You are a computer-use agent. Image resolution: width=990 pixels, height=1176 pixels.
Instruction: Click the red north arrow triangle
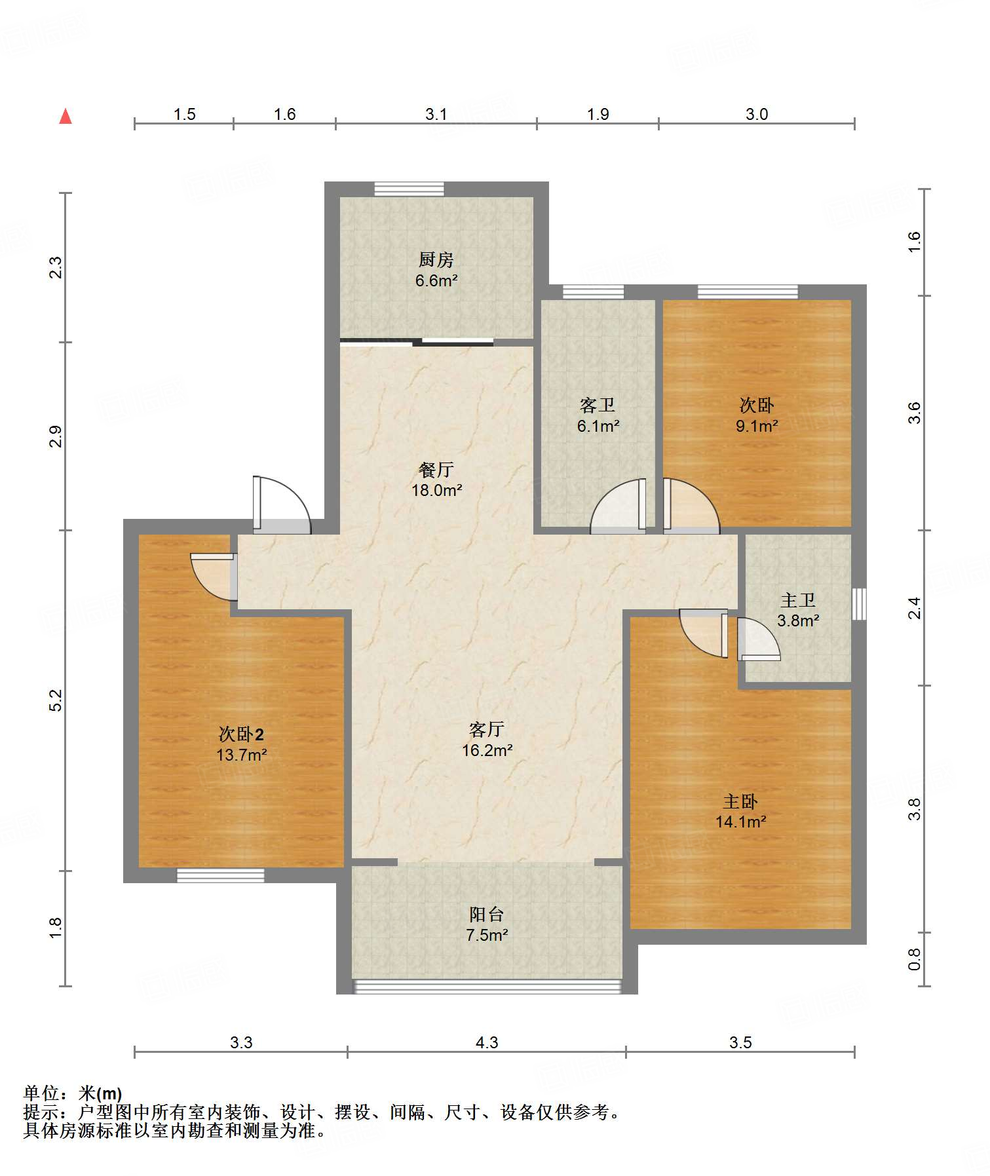click(x=66, y=117)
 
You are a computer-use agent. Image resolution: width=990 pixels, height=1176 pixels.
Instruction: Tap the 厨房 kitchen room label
click(x=436, y=260)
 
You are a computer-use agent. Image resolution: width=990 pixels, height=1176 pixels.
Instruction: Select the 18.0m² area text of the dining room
click(x=437, y=490)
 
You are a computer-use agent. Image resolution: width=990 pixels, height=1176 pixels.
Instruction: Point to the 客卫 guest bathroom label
click(x=598, y=406)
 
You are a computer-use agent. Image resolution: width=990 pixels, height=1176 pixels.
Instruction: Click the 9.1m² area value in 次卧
click(x=757, y=426)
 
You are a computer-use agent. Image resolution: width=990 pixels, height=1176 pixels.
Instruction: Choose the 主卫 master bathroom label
click(x=798, y=600)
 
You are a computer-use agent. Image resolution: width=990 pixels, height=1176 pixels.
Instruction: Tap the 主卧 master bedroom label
click(x=740, y=801)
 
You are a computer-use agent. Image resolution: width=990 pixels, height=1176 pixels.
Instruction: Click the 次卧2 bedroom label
click(x=241, y=734)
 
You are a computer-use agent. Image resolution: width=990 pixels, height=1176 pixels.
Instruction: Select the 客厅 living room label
click(x=487, y=729)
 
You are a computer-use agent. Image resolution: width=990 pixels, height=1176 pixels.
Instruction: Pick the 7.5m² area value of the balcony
click(x=487, y=935)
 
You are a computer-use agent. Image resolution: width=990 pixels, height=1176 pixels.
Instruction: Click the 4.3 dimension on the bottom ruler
click(x=487, y=1042)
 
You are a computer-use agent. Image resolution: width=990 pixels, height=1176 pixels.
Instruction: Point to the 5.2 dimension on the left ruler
click(x=56, y=700)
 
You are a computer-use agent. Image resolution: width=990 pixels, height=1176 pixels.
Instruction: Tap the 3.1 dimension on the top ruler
click(x=436, y=114)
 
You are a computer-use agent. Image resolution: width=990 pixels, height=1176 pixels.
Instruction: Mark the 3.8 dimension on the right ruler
click(x=915, y=809)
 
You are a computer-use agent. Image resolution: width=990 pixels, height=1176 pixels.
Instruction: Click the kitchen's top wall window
click(x=409, y=189)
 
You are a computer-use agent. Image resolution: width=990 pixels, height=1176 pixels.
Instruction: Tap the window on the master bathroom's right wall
click(x=859, y=604)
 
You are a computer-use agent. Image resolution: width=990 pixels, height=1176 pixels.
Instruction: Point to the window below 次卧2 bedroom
click(x=221, y=875)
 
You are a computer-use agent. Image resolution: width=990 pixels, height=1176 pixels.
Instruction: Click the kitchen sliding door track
click(x=417, y=341)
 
